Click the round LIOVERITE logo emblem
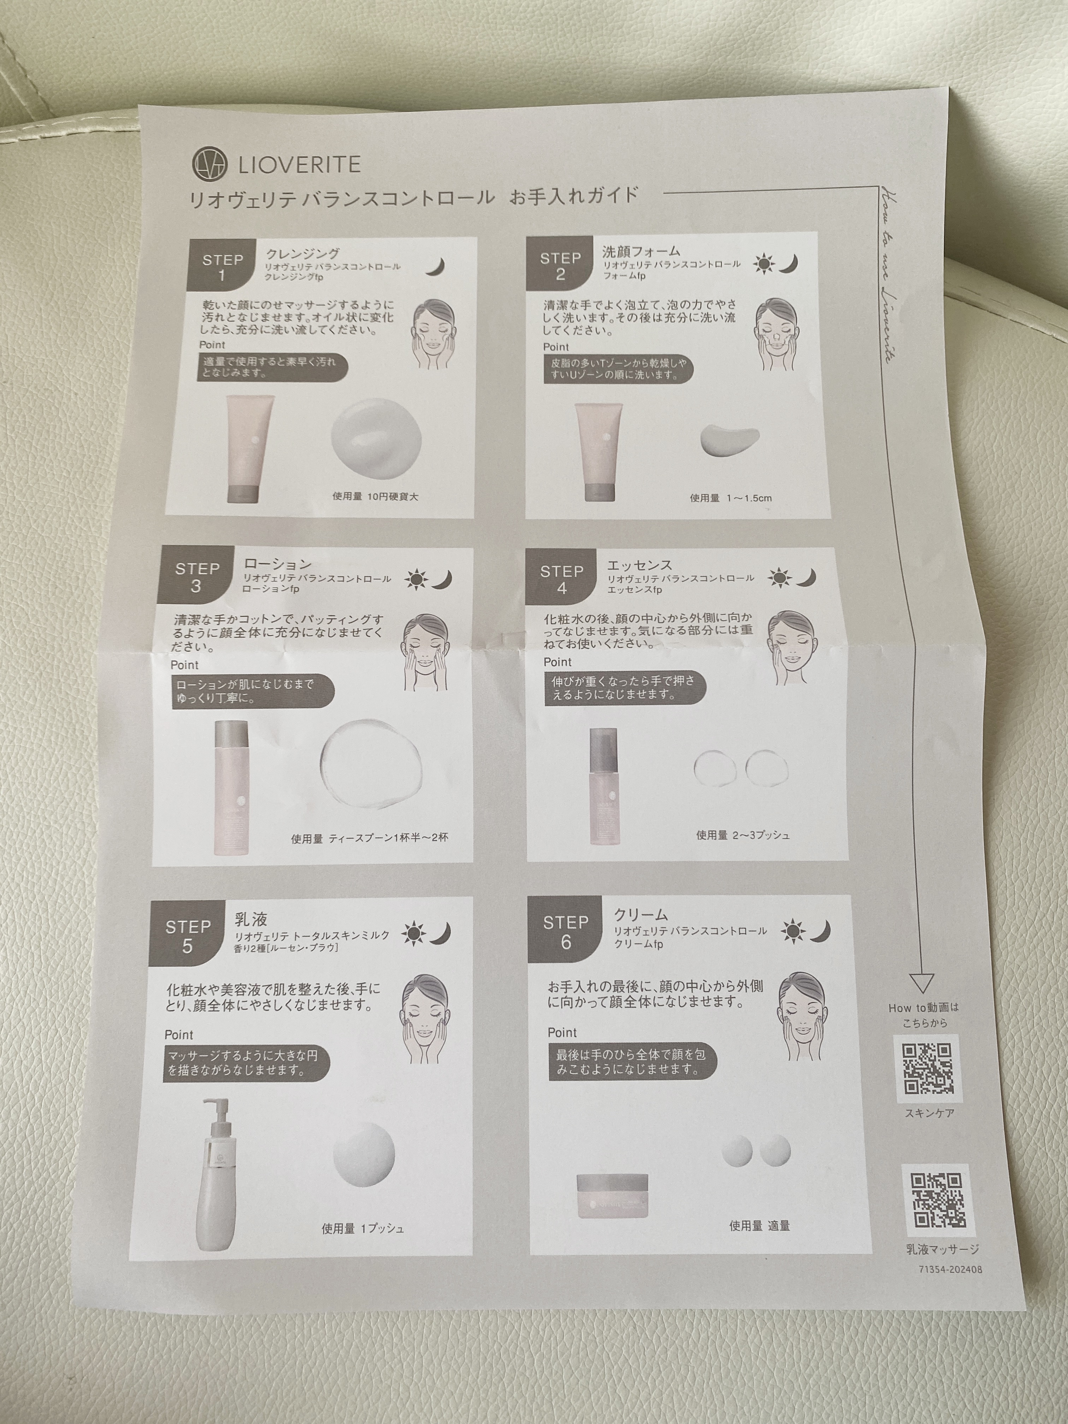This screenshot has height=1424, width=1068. pyautogui.click(x=210, y=165)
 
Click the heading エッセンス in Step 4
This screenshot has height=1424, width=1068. pyautogui.click(x=639, y=565)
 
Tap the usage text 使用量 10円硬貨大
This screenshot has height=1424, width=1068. pyautogui.click(x=375, y=496)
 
